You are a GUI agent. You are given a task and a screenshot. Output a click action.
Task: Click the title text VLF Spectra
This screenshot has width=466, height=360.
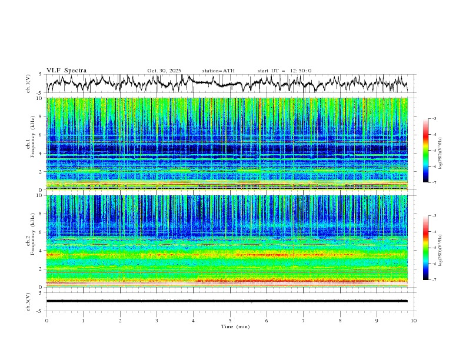[66, 71]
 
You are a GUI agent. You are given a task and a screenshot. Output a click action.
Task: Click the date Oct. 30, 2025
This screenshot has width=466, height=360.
[164, 71]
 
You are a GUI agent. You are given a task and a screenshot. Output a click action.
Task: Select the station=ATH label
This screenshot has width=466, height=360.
[218, 71]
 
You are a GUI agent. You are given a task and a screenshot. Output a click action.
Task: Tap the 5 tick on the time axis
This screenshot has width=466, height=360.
[230, 320]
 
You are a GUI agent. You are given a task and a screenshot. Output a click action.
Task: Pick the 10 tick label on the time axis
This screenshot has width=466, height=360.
[414, 320]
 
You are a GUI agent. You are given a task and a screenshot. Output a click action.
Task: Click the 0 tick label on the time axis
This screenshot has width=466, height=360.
[46, 320]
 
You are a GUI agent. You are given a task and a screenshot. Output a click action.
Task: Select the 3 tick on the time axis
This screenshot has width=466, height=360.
[157, 320]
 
